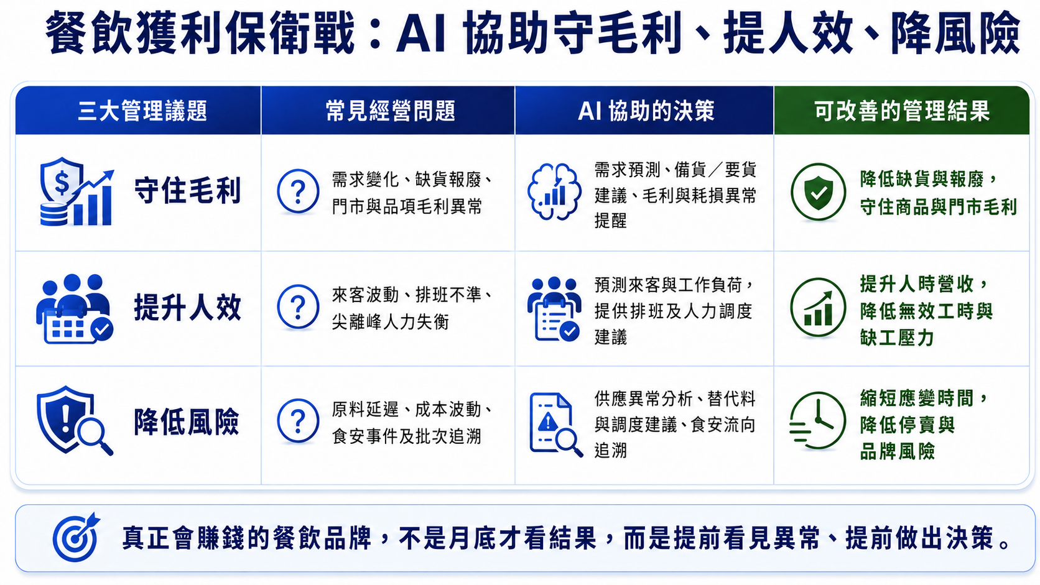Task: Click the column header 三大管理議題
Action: click(x=142, y=111)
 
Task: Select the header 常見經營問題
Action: click(x=390, y=111)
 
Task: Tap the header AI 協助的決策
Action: click(x=646, y=111)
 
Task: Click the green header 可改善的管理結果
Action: click(x=902, y=111)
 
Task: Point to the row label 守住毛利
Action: click(x=188, y=191)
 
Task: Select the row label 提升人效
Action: click(x=188, y=307)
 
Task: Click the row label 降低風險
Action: click(x=187, y=421)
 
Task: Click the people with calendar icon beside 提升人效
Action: click(x=75, y=308)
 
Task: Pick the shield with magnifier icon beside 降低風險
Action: click(x=75, y=420)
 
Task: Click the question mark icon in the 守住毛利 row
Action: click(x=298, y=191)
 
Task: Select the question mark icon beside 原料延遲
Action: click(x=298, y=421)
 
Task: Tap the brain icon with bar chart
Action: click(x=554, y=191)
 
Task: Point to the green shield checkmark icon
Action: click(x=818, y=191)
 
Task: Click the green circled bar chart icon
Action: click(x=818, y=307)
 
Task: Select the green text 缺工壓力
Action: click(x=897, y=338)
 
